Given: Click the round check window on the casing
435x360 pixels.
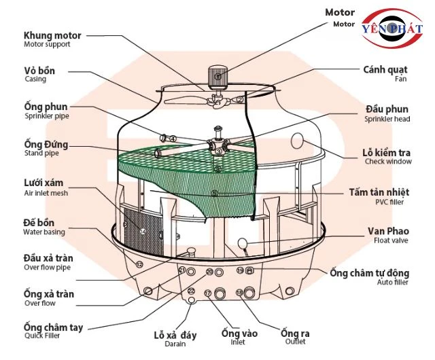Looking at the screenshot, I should tap(297, 141).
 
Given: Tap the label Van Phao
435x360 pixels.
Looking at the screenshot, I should tap(389, 231).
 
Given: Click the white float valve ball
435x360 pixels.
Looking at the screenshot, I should tap(243, 242).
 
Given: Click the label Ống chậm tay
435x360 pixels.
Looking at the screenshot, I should tap(53, 327).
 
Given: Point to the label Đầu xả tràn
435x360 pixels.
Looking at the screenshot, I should tap(48, 258).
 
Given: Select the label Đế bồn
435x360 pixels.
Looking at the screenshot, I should tap(40, 223).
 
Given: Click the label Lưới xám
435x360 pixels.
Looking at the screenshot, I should tap(46, 184).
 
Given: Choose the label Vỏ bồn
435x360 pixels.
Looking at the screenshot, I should tap(39, 70).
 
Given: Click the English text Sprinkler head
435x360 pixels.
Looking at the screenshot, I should tap(388, 119).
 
